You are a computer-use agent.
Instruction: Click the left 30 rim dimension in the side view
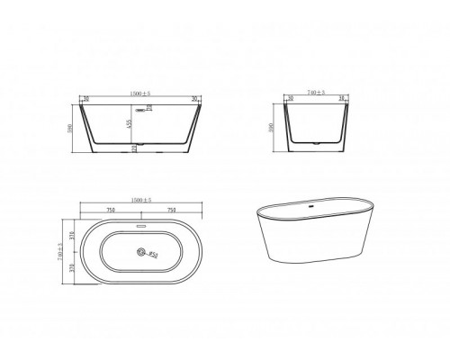coord(85,100)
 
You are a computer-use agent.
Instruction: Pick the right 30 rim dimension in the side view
coord(193,100)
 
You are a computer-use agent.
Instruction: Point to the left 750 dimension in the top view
coord(110,209)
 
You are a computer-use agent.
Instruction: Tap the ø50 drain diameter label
coord(153,256)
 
